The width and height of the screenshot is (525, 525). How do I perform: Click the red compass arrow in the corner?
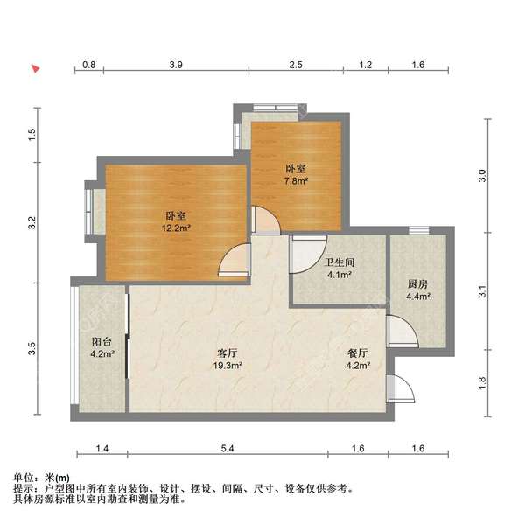[36, 67]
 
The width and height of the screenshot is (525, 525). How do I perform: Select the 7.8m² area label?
[295, 181]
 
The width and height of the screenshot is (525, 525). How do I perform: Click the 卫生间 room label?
[339, 261]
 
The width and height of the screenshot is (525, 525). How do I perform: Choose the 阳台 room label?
[101, 342]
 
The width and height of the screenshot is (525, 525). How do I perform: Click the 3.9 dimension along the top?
[177, 65]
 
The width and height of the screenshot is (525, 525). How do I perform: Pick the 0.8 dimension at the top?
[89, 65]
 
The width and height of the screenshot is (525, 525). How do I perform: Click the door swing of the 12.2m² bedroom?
[234, 261]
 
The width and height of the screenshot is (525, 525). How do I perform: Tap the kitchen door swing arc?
[402, 332]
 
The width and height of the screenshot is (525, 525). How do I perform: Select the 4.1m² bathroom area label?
[339, 275]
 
